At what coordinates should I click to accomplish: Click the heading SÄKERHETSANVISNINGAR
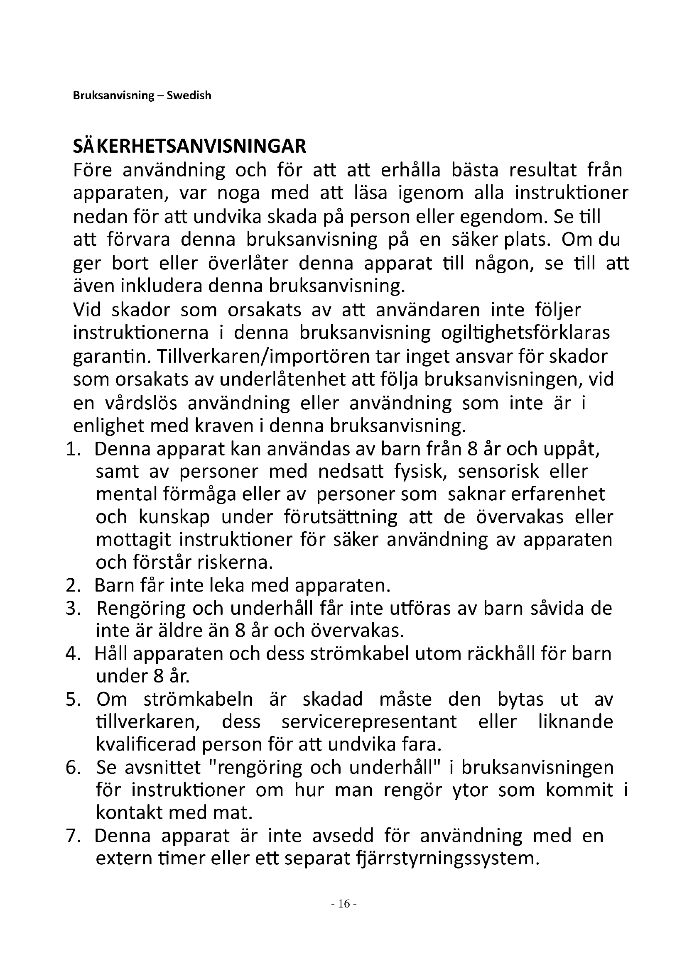189,146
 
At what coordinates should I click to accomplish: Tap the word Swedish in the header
189,95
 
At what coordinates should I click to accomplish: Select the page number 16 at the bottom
344,904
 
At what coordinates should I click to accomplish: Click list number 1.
73,449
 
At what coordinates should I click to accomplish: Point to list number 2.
73,585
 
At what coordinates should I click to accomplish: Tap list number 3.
73,608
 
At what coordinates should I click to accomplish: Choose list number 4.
73,654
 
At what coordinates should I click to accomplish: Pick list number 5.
73,699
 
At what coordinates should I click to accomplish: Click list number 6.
73,768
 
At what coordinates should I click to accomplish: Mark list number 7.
73,836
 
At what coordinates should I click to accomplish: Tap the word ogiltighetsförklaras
525,333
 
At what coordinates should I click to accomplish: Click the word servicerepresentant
369,722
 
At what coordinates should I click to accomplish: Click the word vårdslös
141,403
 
